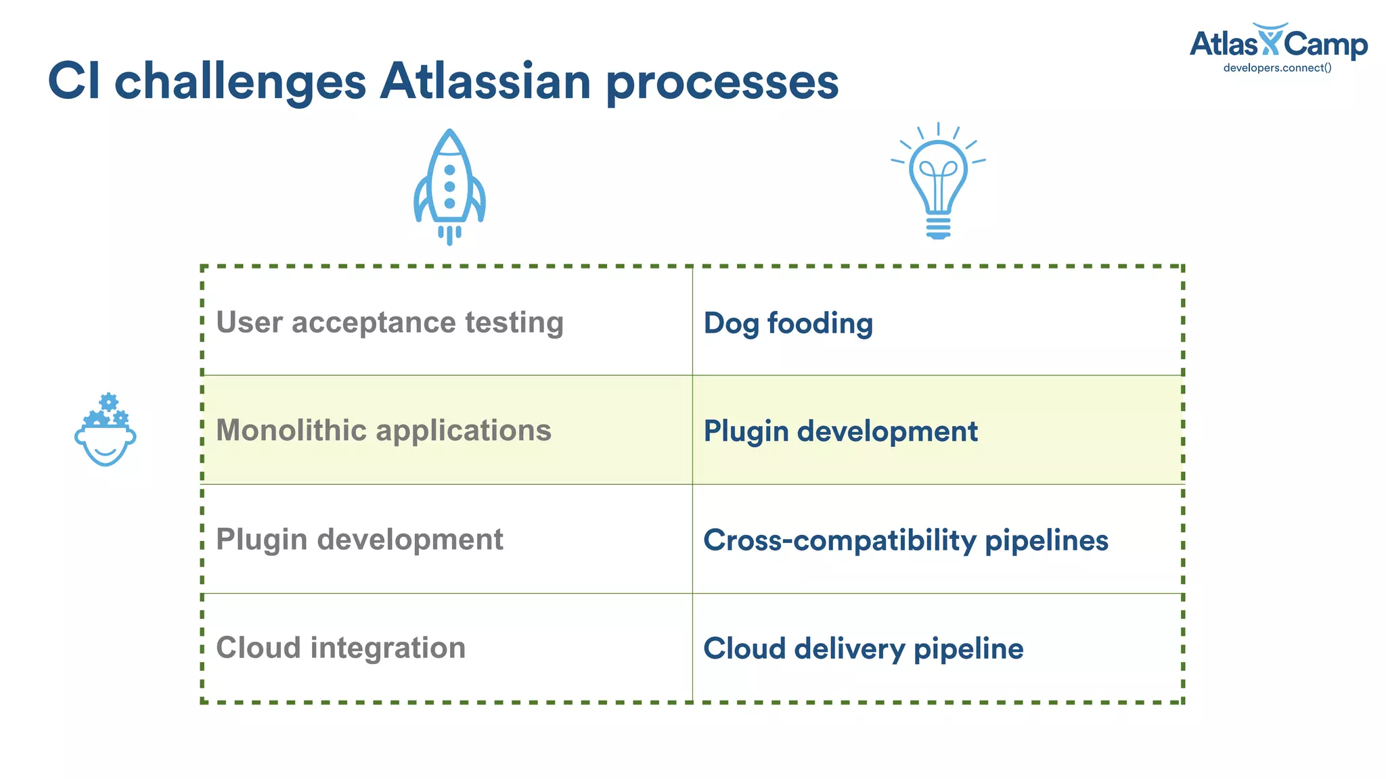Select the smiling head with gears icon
pos(105,433)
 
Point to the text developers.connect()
pos(1277,68)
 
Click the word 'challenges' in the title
pos(240,82)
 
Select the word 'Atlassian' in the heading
pos(485,82)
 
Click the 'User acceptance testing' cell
pos(390,323)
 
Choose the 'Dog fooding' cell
pos(788,323)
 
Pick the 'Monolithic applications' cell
pos(384,431)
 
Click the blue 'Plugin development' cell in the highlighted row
pos(841,431)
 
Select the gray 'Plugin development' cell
pos(359,540)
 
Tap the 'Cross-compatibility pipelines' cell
pos(906,540)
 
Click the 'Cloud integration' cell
pos(341,648)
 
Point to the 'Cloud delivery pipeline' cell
pos(864,648)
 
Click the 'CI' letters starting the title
pos(74,82)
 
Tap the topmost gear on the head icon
pos(108,401)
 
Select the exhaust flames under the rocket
pos(449,235)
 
